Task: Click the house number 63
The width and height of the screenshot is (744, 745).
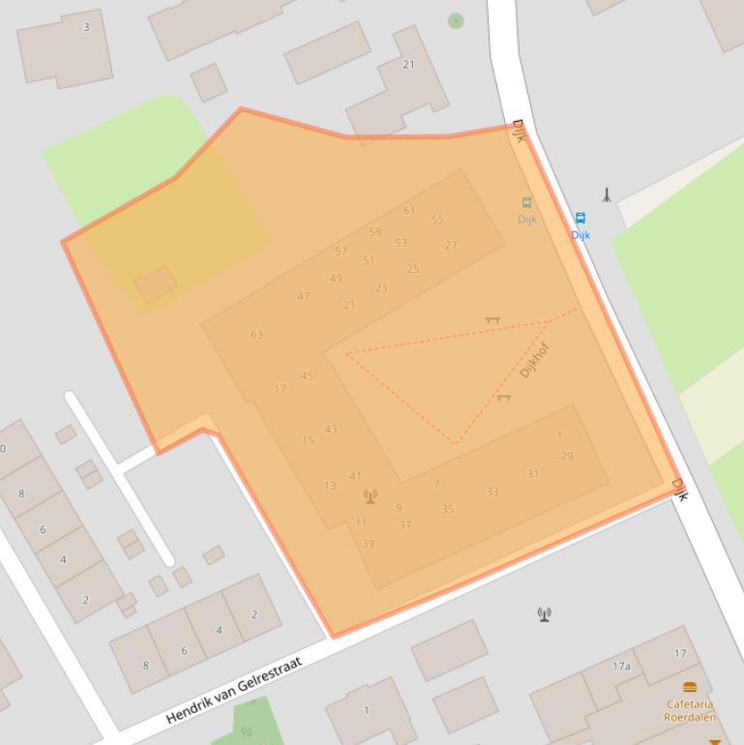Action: [256, 335]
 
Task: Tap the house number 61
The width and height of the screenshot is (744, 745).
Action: [409, 210]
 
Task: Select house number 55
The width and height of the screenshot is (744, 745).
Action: [437, 220]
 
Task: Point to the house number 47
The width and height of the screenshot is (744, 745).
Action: [304, 296]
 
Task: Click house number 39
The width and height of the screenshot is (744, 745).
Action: [368, 544]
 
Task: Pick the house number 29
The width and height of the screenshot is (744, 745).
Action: [567, 456]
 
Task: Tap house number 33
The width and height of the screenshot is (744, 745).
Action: [492, 492]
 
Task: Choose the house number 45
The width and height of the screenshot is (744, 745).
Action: [307, 376]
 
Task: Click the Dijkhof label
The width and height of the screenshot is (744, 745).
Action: [534, 360]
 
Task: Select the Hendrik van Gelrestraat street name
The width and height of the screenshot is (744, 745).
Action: [234, 690]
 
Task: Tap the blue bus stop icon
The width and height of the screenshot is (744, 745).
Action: [580, 219]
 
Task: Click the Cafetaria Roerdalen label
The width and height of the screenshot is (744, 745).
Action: [690, 711]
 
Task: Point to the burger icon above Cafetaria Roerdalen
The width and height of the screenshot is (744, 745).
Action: [690, 687]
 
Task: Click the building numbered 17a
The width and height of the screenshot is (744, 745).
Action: [621, 667]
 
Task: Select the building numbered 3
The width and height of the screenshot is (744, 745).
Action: [86, 27]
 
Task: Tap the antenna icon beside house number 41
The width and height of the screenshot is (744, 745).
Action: [370, 496]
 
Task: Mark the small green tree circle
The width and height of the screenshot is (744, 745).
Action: [456, 20]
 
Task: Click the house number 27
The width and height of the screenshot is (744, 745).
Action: [451, 245]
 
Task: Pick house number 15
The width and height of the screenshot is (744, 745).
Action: [308, 440]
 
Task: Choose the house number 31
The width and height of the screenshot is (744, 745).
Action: [533, 474]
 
